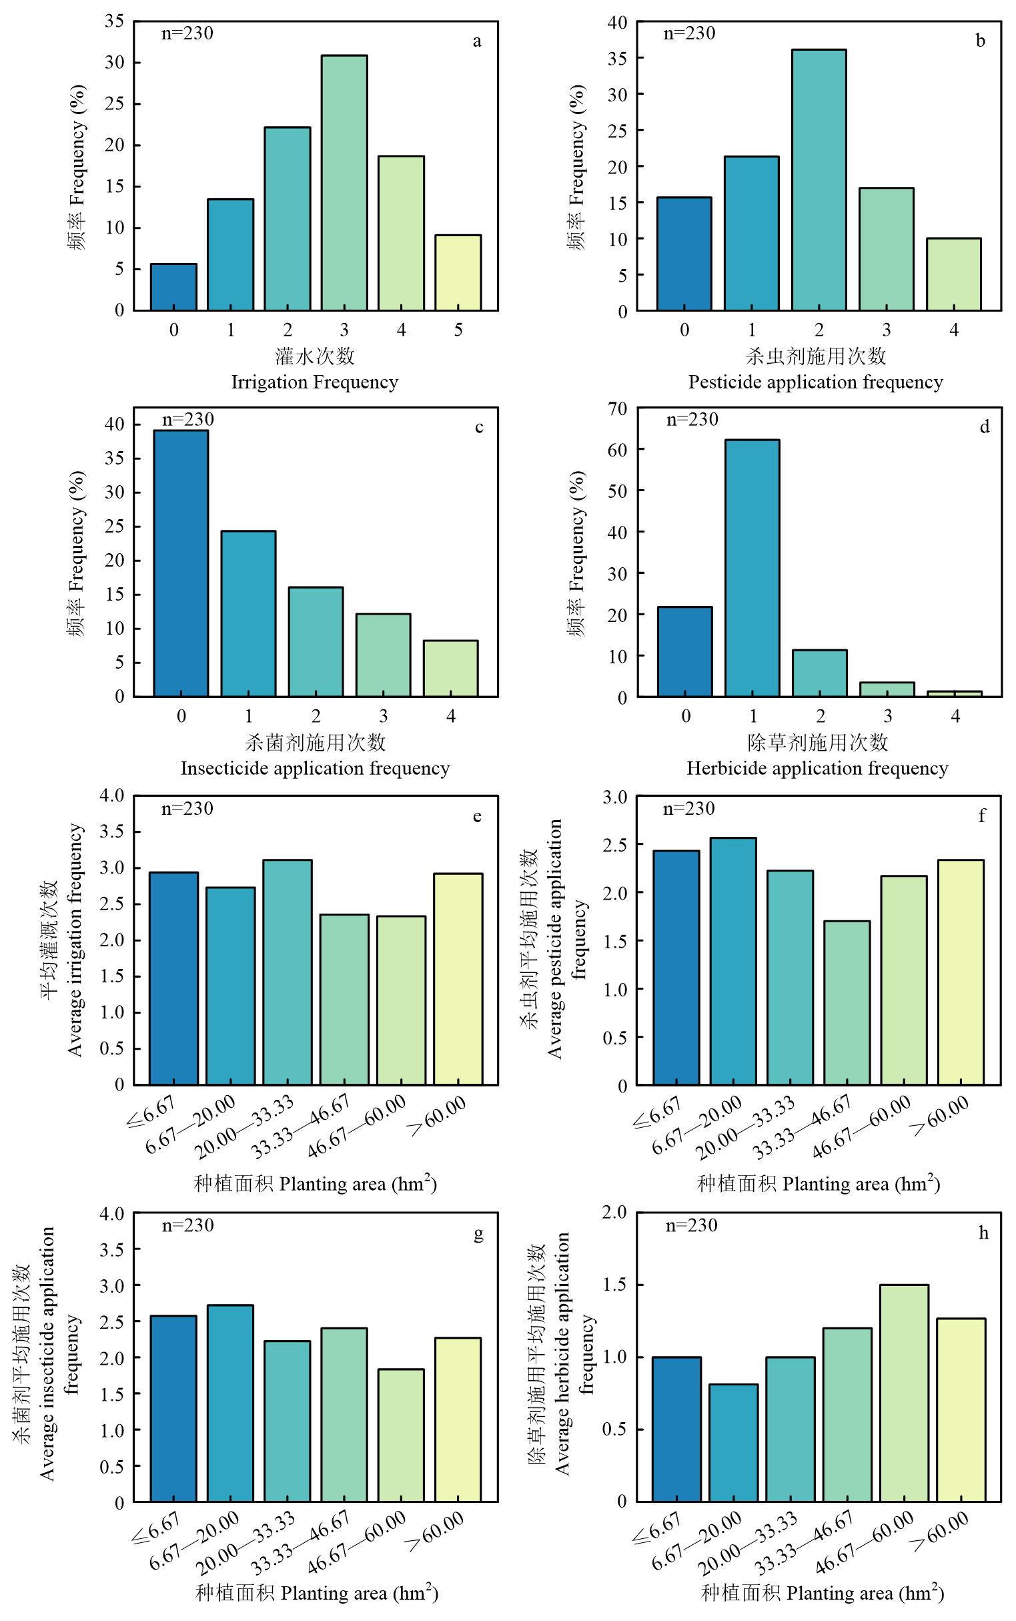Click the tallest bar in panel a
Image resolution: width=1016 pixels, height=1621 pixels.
point(344,183)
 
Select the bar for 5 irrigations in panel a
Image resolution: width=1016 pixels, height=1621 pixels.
point(458,273)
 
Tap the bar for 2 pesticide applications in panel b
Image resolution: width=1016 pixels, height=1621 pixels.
point(819,180)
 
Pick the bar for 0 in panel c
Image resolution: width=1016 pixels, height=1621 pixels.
point(181,563)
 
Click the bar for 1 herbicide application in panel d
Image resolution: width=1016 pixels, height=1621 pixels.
point(752,568)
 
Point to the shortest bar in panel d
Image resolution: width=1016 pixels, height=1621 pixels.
point(954,693)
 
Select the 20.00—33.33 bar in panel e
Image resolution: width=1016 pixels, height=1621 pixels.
point(287,972)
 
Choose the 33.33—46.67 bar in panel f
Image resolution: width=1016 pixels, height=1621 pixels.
point(847,1003)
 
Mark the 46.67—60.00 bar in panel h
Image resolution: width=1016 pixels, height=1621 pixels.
point(904,1393)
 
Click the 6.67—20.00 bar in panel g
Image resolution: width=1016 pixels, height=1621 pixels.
point(229,1403)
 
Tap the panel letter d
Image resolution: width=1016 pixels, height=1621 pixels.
point(984,426)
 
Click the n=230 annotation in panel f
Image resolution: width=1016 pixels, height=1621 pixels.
point(688,808)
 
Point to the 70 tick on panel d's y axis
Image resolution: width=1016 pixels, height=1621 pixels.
point(617,408)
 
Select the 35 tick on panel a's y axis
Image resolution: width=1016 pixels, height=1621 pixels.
point(114,21)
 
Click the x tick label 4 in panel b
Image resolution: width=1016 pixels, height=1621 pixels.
point(953,330)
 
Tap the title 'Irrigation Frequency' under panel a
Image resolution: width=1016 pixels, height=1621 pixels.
point(314,382)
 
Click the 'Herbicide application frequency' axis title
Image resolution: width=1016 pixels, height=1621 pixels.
point(817,768)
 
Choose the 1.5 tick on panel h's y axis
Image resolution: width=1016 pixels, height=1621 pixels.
point(615,1284)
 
